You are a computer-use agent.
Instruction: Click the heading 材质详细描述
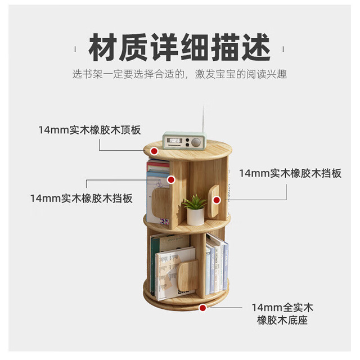[179, 47]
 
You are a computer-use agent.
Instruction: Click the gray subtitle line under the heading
[179, 74]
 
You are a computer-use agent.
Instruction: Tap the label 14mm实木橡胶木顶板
[89, 130]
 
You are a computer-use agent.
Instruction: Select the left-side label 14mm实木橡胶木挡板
[82, 199]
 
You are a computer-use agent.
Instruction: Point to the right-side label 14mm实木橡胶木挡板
[290, 173]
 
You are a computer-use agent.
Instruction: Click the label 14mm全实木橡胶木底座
[282, 314]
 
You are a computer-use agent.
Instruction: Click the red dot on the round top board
[154, 151]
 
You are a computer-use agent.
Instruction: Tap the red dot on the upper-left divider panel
[171, 180]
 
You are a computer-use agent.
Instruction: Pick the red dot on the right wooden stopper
[216, 200]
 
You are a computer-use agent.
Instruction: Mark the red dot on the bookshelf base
[202, 308]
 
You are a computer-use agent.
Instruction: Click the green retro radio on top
[184, 141]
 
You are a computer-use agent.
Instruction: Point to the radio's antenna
[203, 119]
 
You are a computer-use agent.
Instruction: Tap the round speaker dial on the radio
[196, 142]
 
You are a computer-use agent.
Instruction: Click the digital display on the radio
[174, 140]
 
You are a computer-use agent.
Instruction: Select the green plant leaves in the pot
[195, 201]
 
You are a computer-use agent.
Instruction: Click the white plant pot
[195, 216]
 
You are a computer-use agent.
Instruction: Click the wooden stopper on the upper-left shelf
[161, 202]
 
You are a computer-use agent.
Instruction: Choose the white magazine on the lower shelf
[174, 273]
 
